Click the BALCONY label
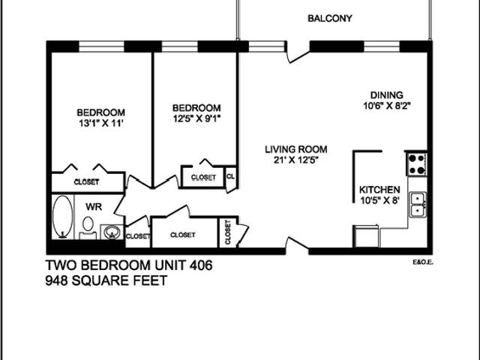[330, 19]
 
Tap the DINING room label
[386, 95]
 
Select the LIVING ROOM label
[296, 149]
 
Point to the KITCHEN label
[379, 190]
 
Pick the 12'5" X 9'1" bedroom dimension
[196, 118]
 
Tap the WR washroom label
[93, 205]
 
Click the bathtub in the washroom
[63, 217]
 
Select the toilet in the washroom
[88, 224]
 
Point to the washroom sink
[111, 231]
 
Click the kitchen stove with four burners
[416, 163]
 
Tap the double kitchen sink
[417, 205]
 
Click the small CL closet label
[230, 177]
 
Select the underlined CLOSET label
[203, 177]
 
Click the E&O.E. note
[423, 262]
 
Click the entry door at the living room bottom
[296, 244]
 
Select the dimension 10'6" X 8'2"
[386, 106]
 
